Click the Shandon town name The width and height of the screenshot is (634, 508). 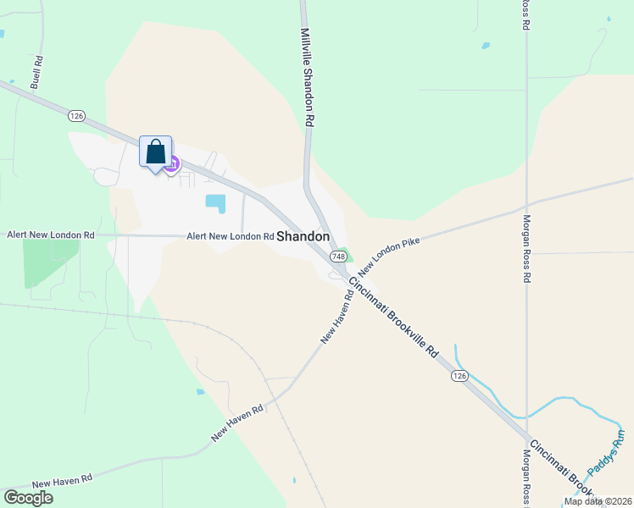tap(303, 237)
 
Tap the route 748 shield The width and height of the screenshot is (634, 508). tap(339, 256)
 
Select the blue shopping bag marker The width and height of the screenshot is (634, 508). tap(155, 153)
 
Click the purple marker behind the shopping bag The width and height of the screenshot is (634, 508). tap(172, 163)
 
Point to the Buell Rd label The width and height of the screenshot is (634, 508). tap(36, 73)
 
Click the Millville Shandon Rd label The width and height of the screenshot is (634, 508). tap(308, 78)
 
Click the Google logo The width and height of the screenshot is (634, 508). tap(28, 498)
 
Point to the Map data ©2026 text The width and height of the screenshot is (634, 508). tap(598, 501)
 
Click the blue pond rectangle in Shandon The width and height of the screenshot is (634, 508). tap(216, 203)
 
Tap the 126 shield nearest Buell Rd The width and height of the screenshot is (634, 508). tap(77, 115)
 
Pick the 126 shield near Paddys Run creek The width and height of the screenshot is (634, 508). tap(459, 375)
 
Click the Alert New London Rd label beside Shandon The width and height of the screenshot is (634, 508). tap(231, 237)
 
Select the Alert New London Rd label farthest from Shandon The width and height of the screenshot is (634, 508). tap(51, 234)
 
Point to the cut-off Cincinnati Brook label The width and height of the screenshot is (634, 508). tap(560, 470)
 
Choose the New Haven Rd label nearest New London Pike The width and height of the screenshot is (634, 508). tap(336, 317)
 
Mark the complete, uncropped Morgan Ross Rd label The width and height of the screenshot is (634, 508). tap(526, 246)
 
